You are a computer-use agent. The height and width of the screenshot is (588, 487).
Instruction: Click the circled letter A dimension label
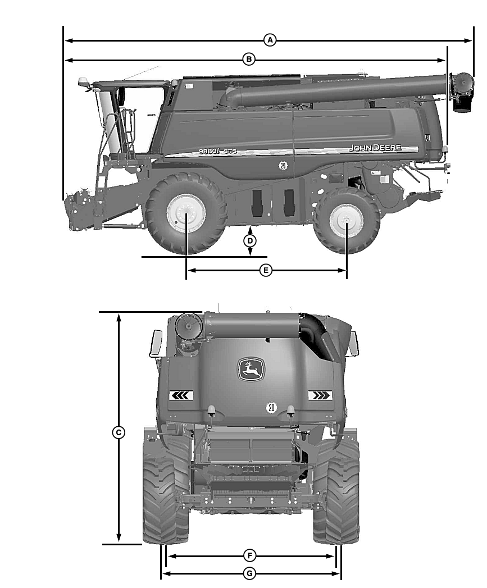point(270,40)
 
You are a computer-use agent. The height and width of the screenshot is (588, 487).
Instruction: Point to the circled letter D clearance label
point(251,241)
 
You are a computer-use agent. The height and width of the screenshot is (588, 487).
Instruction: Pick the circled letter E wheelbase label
point(266,270)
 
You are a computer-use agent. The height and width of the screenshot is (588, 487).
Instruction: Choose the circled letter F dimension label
point(251,555)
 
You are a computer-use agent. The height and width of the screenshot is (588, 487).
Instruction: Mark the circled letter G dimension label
point(251,573)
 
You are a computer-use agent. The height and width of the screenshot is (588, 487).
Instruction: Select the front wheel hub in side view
point(185,215)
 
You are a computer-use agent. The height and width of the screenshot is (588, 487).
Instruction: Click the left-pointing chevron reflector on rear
point(181,395)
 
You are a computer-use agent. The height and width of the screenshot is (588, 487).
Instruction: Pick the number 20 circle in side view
point(283,165)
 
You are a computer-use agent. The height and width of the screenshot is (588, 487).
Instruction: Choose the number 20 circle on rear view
point(271,407)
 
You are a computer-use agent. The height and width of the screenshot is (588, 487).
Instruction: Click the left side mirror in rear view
point(155,343)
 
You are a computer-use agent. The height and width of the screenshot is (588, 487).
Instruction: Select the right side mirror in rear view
point(353,343)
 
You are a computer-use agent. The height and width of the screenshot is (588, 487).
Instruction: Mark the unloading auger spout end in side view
point(462,93)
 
